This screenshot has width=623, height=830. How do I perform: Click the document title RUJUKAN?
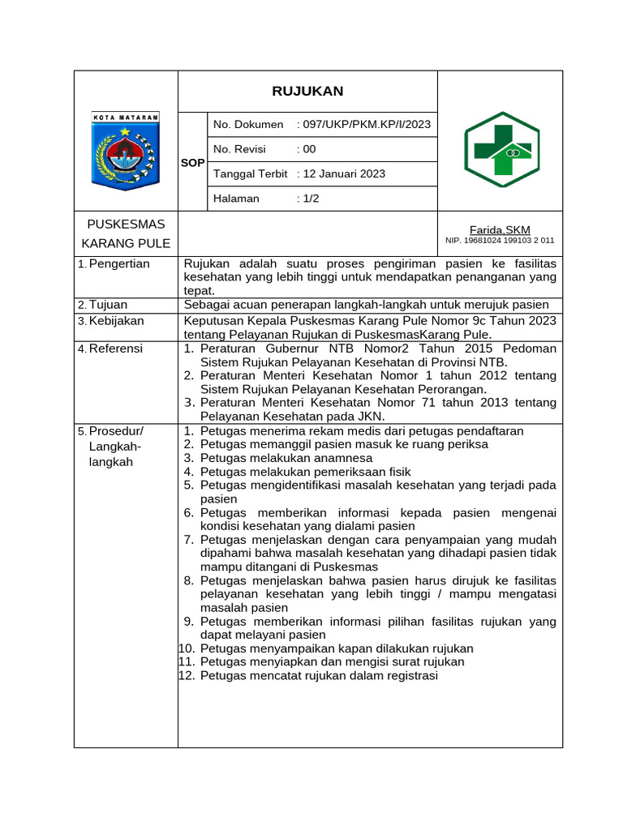(307, 91)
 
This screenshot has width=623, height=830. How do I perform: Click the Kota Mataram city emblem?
(126, 152)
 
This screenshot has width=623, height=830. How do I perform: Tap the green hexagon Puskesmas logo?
(500, 150)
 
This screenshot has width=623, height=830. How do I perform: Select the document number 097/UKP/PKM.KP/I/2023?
(364, 125)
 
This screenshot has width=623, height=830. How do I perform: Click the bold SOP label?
(192, 163)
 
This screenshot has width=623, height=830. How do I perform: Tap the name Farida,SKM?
(500, 230)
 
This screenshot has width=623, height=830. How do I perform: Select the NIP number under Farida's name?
(500, 241)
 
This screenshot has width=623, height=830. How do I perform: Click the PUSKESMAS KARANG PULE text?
(126, 233)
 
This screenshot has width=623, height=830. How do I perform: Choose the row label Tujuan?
(108, 305)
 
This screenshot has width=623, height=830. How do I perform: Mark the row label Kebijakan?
(116, 321)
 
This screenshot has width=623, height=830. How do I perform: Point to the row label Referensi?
(115, 349)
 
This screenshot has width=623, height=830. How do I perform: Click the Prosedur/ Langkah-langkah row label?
(115, 446)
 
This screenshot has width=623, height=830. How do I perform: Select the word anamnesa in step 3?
(347, 458)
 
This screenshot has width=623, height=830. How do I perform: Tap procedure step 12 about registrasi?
(318, 675)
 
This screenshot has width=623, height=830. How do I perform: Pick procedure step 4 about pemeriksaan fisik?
(305, 472)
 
